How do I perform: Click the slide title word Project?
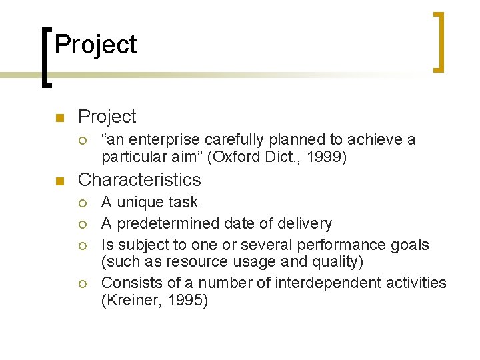[95, 45]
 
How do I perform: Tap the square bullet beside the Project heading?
[59, 119]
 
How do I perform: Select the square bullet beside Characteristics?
[59, 181]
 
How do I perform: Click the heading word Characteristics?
[139, 180]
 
